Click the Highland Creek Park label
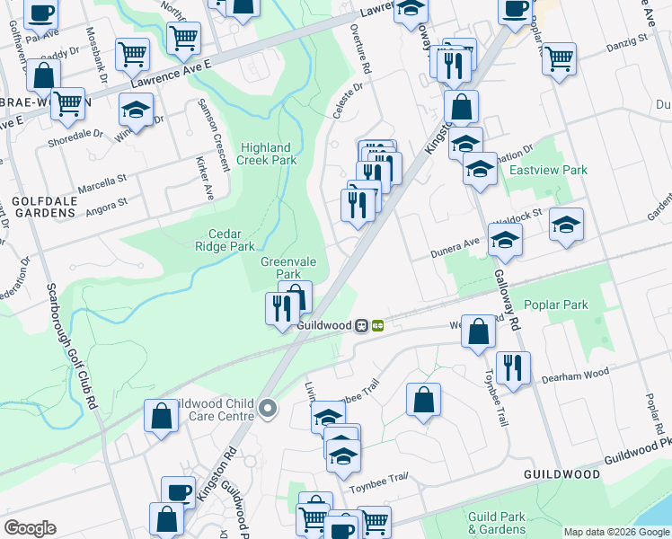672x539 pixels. click(266, 154)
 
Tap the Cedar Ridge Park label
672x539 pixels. click(225, 239)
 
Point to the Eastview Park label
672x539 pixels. click(548, 170)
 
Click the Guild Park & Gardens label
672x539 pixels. click(497, 523)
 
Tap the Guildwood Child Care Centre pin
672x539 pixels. click(267, 410)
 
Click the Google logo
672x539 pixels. click(30, 528)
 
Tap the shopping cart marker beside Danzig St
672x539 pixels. click(559, 58)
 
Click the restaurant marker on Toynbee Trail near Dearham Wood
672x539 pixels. click(513, 367)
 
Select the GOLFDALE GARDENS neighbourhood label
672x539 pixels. click(43, 207)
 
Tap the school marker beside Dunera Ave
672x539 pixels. click(506, 239)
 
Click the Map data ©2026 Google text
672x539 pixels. click(615, 532)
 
